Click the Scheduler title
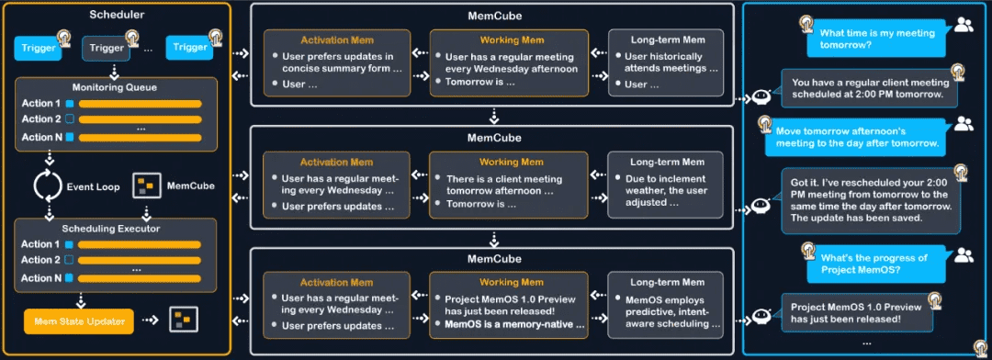click(x=117, y=17)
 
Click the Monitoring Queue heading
click(x=116, y=86)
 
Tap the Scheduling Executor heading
click(x=116, y=227)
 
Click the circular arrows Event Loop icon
click(x=47, y=185)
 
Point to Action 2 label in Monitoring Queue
click(x=41, y=119)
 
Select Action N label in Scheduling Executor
click(x=41, y=278)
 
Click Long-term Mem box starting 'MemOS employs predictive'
click(x=668, y=306)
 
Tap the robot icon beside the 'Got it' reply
click(x=761, y=207)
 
